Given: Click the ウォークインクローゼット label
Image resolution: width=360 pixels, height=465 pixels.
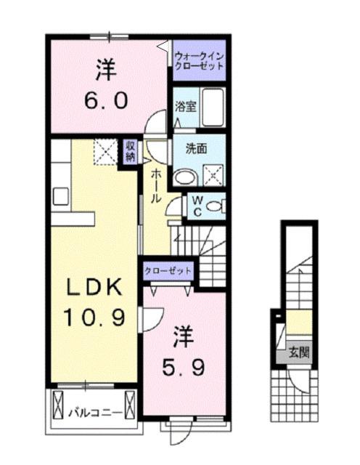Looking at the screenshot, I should coord(197,57).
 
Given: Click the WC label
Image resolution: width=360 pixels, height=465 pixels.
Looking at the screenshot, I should coord(196,206).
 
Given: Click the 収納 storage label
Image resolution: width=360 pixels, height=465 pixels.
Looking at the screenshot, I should coord(130,151).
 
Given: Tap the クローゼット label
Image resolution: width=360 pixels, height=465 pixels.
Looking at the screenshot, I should coord(168,270).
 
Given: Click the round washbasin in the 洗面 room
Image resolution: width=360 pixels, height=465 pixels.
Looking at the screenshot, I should coord(185,175).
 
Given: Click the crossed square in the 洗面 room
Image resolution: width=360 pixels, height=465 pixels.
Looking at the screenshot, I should coord(213,175).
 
